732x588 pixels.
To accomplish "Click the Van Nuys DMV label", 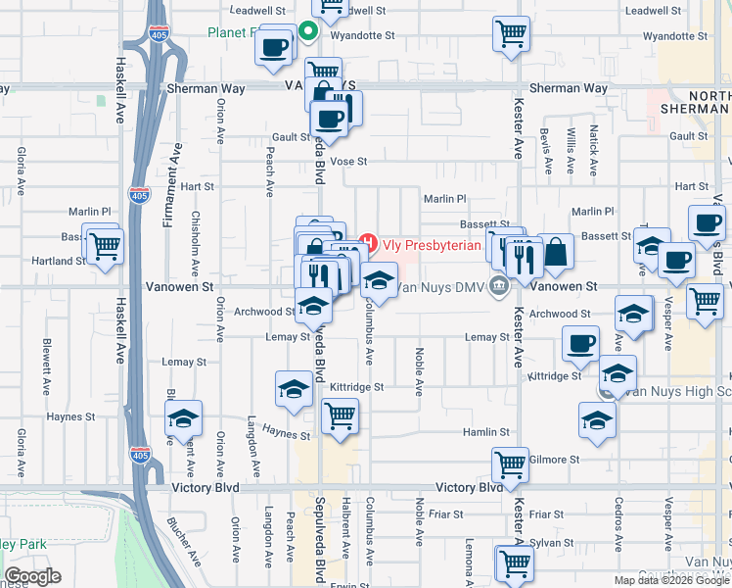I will point(442,287).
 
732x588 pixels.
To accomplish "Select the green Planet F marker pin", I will point(307,31).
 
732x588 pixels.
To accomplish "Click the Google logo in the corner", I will point(32,576).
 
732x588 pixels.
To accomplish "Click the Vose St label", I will point(348,162).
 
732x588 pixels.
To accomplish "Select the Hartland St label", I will point(59,262).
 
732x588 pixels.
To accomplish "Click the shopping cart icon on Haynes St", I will point(339,416).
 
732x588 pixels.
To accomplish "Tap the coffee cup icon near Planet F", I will point(276,46).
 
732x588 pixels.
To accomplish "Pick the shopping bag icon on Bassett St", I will point(555,252).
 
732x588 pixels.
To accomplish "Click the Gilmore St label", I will point(554,459).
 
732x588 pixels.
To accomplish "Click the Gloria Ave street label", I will point(21,169).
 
